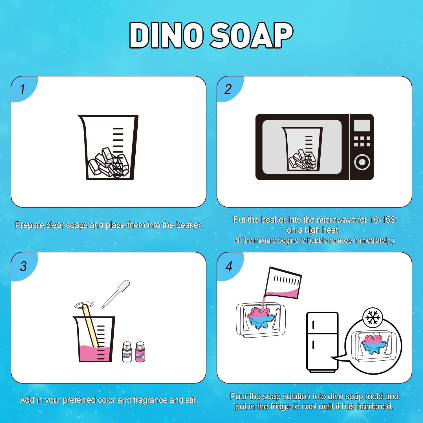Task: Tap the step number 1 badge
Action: pyautogui.click(x=23, y=89)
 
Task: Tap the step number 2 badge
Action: pyautogui.click(x=228, y=89)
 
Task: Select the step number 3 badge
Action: pyautogui.click(x=23, y=266)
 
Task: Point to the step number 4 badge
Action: pyautogui.click(x=229, y=266)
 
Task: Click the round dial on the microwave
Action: pyautogui.click(x=362, y=162)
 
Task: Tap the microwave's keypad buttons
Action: pyautogui.click(x=362, y=141)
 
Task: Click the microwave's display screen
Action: pyautogui.click(x=362, y=125)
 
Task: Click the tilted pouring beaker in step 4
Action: pyautogui.click(x=283, y=283)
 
